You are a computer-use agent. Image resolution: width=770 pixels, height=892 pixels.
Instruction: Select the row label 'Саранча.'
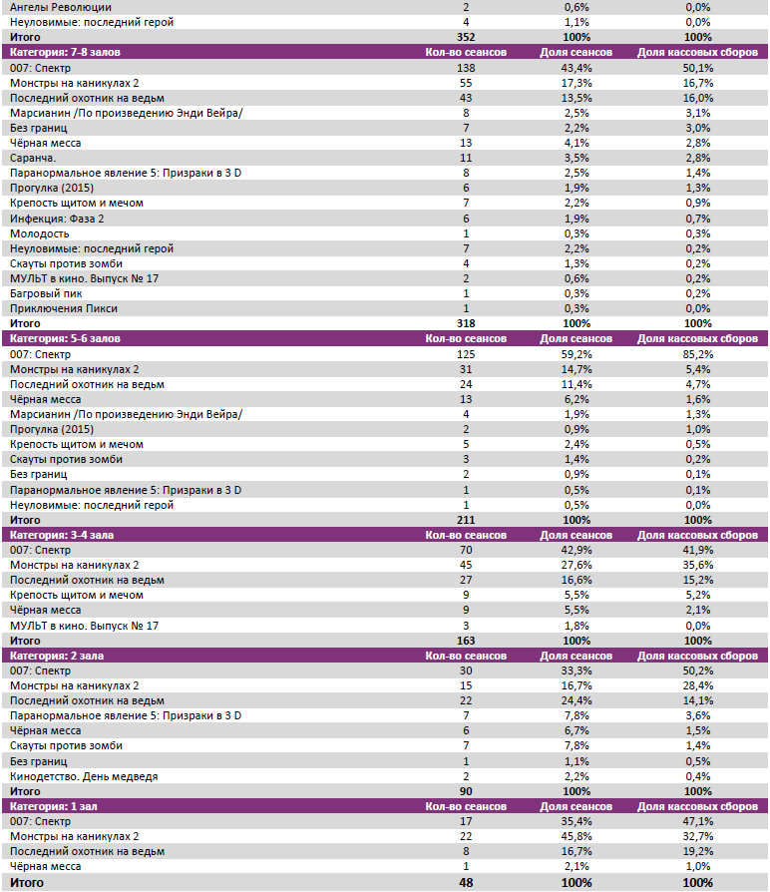tap(33, 158)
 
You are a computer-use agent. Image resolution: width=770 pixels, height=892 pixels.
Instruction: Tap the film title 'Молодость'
tap(39, 232)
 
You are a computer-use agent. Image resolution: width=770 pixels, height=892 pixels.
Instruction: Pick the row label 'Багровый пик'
tap(44, 293)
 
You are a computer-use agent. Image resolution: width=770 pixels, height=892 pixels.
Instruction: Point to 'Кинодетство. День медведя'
tap(84, 775)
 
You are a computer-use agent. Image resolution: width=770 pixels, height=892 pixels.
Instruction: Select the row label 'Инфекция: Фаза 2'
tap(57, 218)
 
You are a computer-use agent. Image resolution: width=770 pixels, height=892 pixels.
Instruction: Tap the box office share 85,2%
tap(698, 353)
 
